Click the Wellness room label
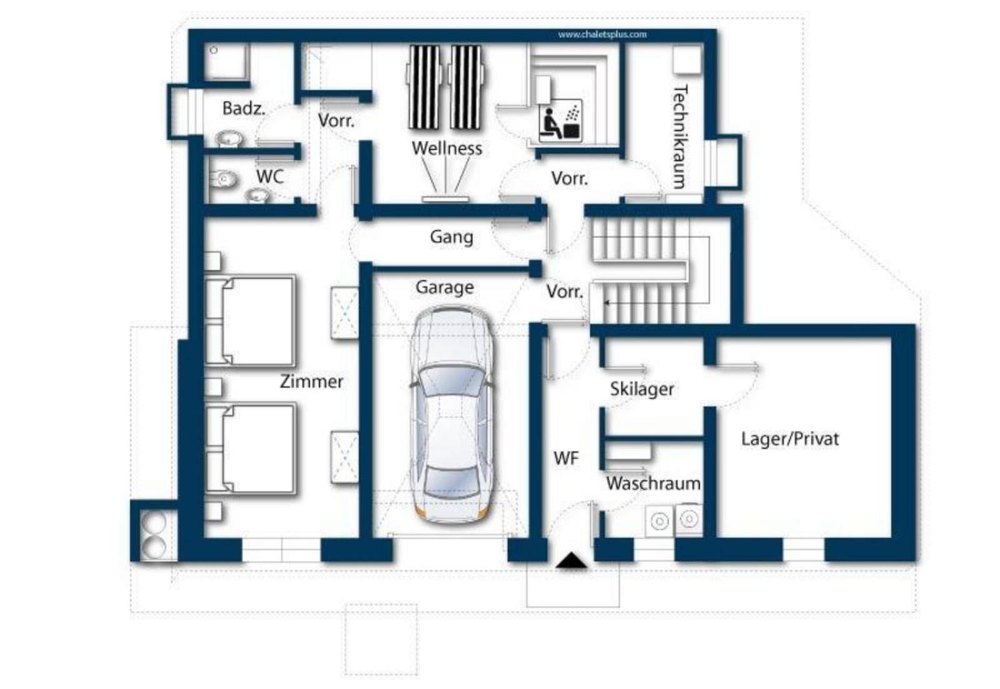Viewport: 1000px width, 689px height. (447, 148)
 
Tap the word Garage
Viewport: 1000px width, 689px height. (444, 288)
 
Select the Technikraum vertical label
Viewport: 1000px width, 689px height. (679, 137)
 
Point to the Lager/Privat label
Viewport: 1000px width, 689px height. (790, 439)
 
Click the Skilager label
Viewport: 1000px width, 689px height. (642, 389)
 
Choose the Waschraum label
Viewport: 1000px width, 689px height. (654, 483)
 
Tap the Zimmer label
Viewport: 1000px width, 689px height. (312, 381)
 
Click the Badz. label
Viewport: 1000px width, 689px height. (244, 109)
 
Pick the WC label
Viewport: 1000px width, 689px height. (270, 177)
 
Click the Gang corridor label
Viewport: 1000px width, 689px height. (451, 237)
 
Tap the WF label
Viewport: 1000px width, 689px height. (566, 458)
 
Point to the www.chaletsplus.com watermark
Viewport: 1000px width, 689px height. (602, 34)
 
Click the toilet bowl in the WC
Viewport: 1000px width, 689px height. (222, 179)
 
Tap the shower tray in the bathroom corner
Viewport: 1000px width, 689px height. (227, 61)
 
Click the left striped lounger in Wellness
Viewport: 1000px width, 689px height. (424, 87)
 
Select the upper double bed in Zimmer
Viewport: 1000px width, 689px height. (250, 321)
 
